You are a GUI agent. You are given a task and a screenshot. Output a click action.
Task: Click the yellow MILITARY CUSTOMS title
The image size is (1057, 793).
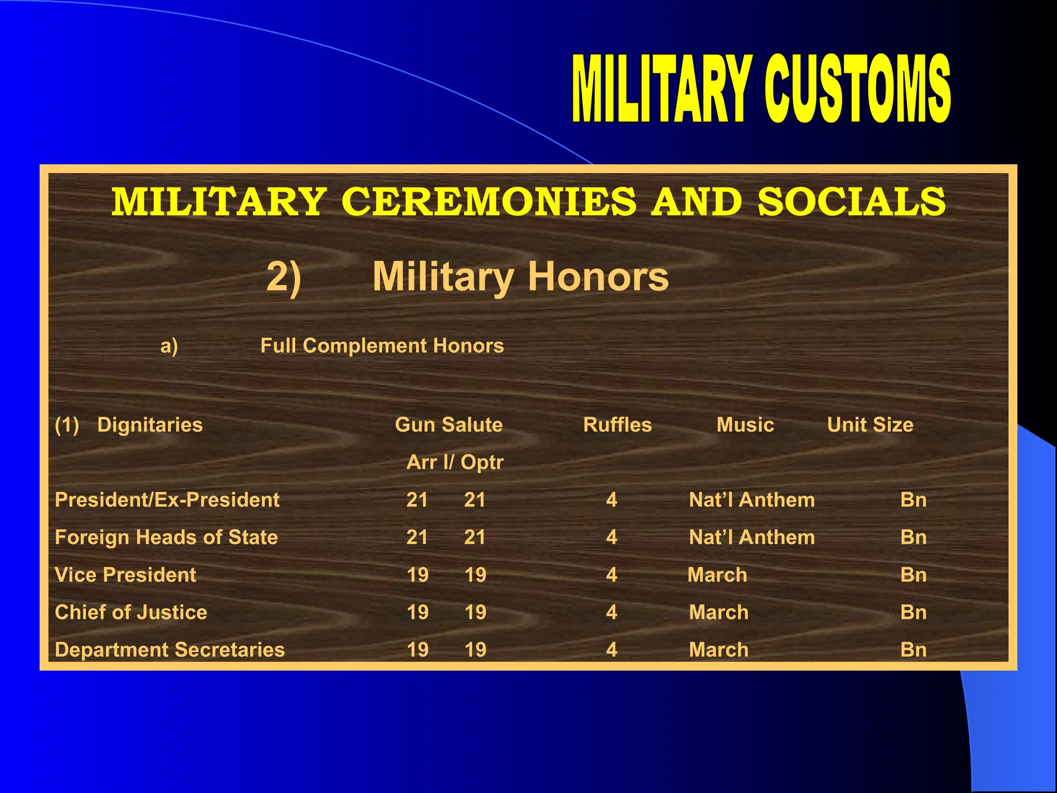coord(761,89)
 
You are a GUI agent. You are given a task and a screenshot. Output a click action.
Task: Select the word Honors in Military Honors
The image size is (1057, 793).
coord(598,277)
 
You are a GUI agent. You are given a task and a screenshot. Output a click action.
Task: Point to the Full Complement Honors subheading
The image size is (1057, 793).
coord(382,346)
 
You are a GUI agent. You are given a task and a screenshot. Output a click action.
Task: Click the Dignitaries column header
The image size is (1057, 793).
coord(150,425)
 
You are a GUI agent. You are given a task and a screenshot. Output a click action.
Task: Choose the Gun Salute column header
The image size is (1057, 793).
coord(449,425)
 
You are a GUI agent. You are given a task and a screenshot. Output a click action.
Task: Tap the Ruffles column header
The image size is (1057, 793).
coord(617,425)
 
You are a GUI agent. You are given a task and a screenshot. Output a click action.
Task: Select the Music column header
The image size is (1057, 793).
coord(745,425)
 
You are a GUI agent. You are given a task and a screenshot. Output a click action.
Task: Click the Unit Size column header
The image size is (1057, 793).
coord(870,425)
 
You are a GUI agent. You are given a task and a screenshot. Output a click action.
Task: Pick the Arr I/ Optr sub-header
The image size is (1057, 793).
coord(455,462)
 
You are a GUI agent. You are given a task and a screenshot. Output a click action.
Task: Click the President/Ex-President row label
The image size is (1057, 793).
coord(167,500)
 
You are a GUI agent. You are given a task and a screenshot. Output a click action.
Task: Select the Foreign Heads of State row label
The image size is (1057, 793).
coord(166,537)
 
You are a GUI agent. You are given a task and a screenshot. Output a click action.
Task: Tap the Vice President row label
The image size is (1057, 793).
coord(125,575)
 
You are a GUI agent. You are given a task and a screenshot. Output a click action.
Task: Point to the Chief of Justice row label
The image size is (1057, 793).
coord(131,612)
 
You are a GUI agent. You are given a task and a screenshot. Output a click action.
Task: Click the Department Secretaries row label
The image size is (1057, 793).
coord(170,650)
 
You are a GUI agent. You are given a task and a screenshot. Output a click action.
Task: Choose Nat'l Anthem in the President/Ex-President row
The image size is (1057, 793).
coord(752,500)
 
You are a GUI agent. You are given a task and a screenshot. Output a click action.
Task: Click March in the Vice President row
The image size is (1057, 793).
coord(717,575)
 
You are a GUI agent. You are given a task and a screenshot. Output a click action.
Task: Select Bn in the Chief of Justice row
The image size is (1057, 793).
coord(914,612)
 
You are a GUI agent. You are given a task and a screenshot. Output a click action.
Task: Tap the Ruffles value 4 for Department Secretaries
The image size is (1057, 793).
coord(612,650)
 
